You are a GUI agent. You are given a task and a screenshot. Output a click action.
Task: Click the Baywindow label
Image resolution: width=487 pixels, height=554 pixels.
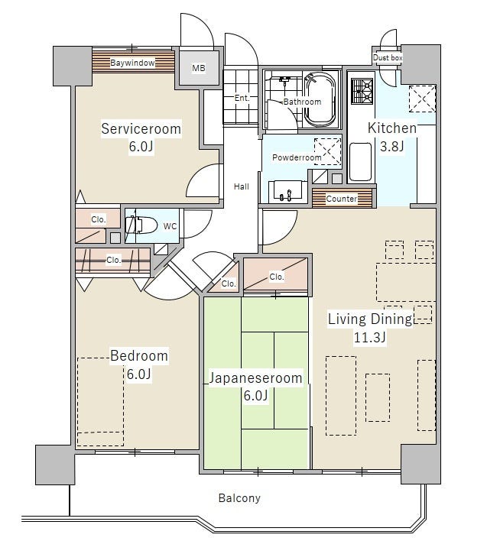point(132,63)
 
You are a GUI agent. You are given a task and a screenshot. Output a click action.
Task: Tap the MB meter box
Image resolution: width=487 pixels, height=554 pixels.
point(198,68)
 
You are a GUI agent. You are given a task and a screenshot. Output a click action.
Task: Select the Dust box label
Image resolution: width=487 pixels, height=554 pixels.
point(388,57)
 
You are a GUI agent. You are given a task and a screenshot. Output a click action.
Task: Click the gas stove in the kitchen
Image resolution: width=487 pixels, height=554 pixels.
point(362,91)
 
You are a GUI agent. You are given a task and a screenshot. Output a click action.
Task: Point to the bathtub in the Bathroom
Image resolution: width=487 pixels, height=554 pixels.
point(320,99)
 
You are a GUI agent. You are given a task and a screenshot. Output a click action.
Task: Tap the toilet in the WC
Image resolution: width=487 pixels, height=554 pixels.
point(141,225)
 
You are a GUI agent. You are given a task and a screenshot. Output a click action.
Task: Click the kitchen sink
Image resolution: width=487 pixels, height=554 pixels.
point(361,162)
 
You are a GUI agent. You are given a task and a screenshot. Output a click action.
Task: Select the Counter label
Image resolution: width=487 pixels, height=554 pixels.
point(342,199)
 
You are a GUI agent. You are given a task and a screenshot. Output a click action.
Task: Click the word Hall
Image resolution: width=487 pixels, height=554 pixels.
point(242,186)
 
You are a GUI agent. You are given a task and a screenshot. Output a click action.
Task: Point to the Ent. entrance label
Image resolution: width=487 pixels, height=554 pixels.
point(242,98)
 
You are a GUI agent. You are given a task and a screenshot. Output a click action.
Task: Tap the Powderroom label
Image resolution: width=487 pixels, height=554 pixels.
point(297,157)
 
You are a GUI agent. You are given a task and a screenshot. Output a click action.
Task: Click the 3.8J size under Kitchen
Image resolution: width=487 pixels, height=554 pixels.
point(391,146)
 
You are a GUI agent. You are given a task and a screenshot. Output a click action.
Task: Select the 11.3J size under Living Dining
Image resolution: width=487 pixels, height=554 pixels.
point(370,338)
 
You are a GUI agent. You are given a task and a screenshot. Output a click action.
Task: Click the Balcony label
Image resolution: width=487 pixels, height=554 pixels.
point(239,498)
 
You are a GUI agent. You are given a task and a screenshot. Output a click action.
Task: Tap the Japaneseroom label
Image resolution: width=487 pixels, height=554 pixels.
point(255,378)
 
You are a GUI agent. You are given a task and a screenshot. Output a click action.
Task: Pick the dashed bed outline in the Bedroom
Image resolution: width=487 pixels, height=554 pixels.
point(100,402)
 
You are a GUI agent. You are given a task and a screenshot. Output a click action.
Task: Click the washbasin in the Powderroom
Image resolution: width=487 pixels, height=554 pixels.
point(287,192)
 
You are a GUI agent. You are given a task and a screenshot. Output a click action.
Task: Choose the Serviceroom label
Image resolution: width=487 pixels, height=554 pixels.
point(141,128)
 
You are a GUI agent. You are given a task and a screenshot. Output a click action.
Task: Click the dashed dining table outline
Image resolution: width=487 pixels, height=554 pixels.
point(405,282)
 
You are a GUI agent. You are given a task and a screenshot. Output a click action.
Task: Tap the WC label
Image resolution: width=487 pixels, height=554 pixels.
point(170,226)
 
